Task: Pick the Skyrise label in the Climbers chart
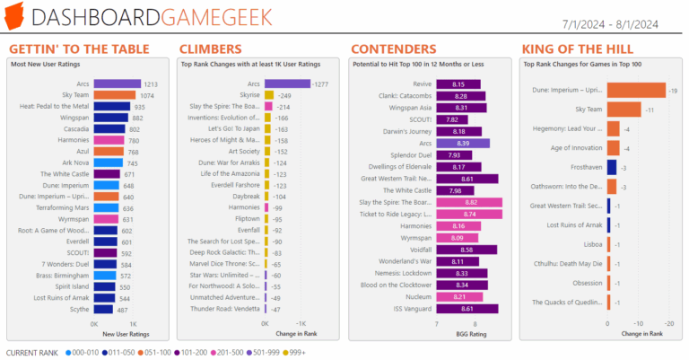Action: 249,94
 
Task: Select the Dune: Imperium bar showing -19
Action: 636,90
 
